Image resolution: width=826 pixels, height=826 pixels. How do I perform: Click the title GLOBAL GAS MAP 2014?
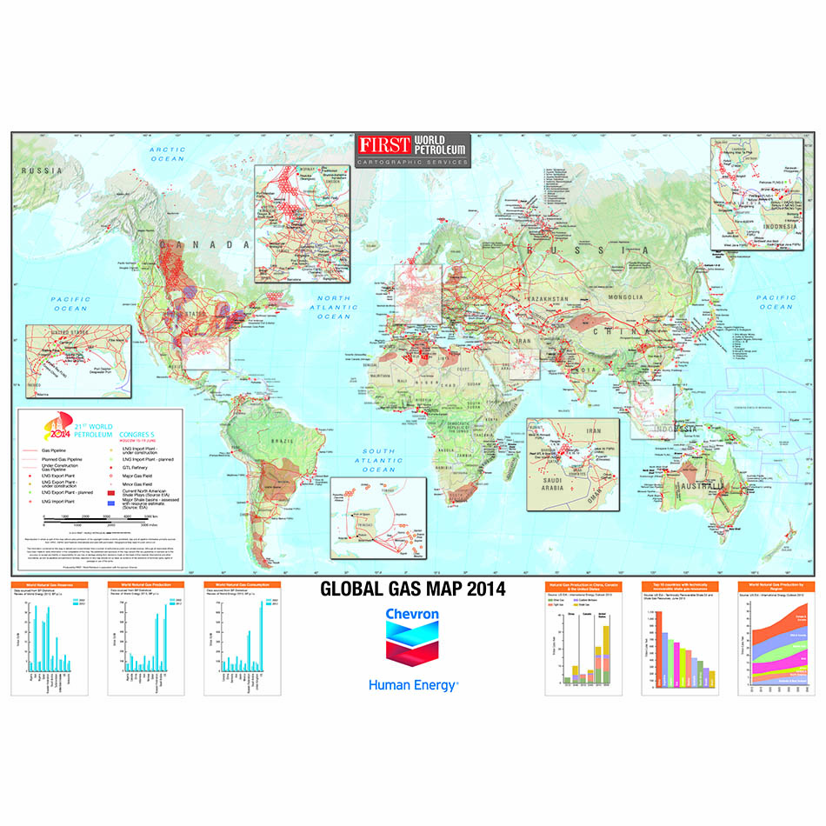[412, 589]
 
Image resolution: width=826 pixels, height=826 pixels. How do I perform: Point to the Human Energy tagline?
[413, 684]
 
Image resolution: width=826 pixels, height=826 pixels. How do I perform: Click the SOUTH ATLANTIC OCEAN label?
[379, 460]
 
